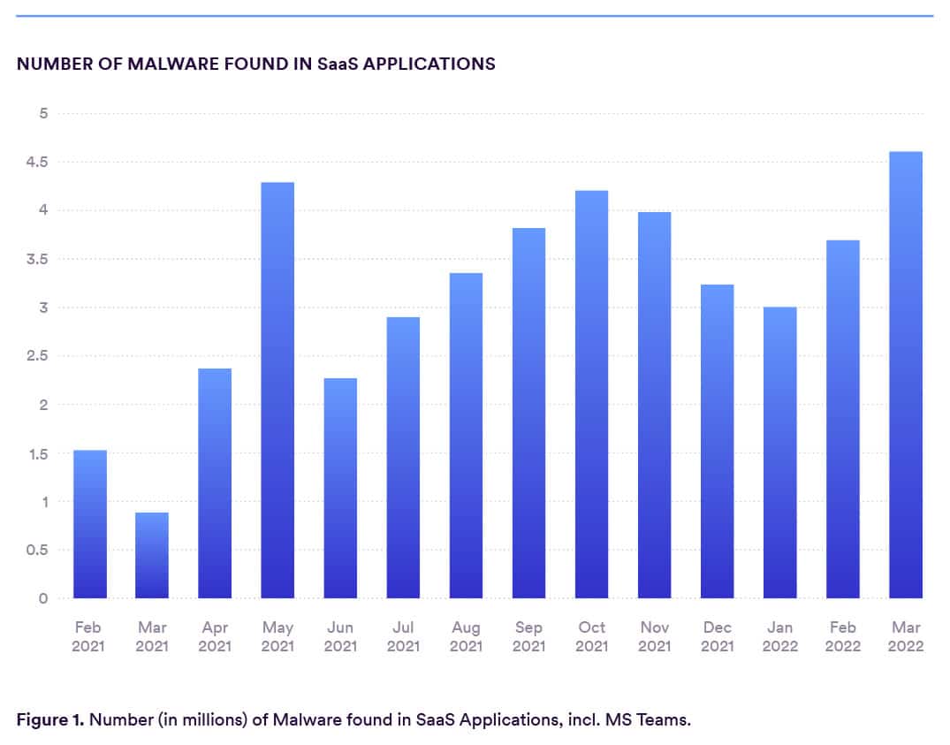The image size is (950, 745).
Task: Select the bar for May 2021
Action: tap(277, 390)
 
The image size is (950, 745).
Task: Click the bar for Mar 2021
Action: tap(152, 555)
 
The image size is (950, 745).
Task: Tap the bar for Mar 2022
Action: tap(906, 375)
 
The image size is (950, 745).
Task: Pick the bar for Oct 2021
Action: tap(591, 394)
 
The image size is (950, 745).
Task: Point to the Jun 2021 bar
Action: tap(340, 488)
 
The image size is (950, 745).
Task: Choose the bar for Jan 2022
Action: tap(780, 452)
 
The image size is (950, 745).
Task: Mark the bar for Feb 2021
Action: tap(89, 524)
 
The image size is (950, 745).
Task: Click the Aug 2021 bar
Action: tap(466, 436)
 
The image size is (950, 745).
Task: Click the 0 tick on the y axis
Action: tap(42, 598)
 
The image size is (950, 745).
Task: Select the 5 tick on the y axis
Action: tap(42, 113)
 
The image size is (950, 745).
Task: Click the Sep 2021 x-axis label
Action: tap(528, 636)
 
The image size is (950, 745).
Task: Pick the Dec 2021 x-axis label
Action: tap(717, 636)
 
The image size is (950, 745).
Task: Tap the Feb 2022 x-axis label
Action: tap(842, 636)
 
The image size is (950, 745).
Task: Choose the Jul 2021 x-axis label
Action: tap(403, 636)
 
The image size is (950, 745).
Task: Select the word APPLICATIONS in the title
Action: tap(431, 65)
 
